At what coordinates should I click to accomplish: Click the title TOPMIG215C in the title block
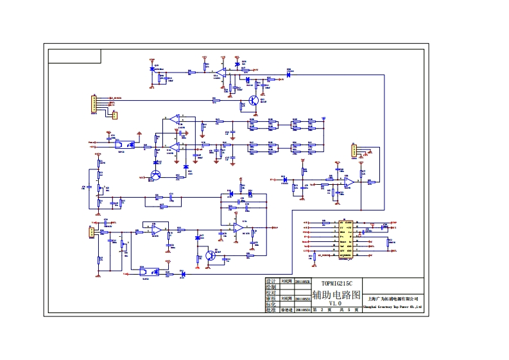click(336, 282)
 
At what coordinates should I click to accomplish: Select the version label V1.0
click(336, 303)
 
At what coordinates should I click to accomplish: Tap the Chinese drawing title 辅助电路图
click(336, 293)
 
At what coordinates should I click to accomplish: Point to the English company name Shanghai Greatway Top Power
click(392, 307)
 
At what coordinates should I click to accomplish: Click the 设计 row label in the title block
click(270, 281)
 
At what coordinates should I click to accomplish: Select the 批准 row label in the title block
click(270, 310)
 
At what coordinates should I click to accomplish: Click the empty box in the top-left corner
click(74, 56)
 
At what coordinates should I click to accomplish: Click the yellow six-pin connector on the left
click(94, 103)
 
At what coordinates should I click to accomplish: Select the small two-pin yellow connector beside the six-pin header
click(115, 115)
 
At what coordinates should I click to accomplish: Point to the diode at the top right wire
click(289, 75)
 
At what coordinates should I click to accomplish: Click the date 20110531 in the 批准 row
click(303, 310)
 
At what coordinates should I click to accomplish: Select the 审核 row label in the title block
click(270, 298)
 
